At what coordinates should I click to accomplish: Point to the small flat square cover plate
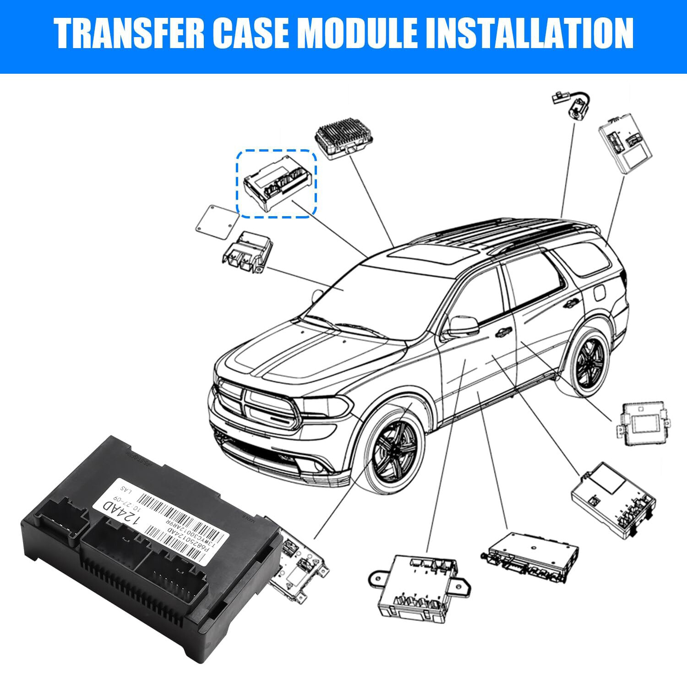click(x=218, y=222)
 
